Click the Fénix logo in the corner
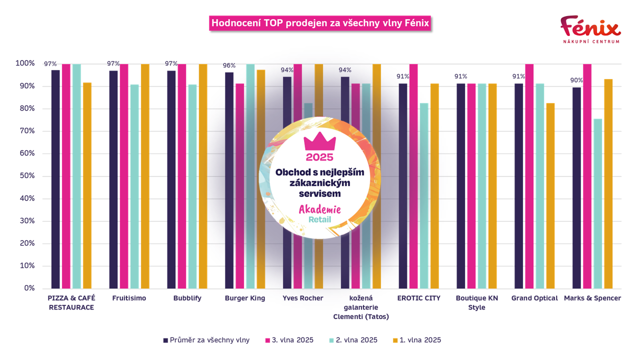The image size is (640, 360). pos(590,29)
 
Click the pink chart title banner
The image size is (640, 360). pos(320,23)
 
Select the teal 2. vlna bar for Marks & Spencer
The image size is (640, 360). pos(597,203)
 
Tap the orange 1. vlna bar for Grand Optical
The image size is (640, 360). pos(550,195)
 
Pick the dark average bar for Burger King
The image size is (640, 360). pos(229,180)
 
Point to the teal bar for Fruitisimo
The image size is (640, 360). pos(134,186)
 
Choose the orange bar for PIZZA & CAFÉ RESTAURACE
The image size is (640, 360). pos(87,185)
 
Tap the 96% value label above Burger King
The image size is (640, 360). pos(229,65)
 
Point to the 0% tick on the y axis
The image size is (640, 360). pos(29,288)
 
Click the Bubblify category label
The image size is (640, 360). pos(186,298)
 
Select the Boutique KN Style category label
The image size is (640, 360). pos(476,303)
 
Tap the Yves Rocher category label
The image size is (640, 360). pos(302,298)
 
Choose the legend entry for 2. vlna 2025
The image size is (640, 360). pos(356,340)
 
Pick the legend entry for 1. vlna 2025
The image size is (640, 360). pos(420,340)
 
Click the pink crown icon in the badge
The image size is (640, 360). pos(319,142)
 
